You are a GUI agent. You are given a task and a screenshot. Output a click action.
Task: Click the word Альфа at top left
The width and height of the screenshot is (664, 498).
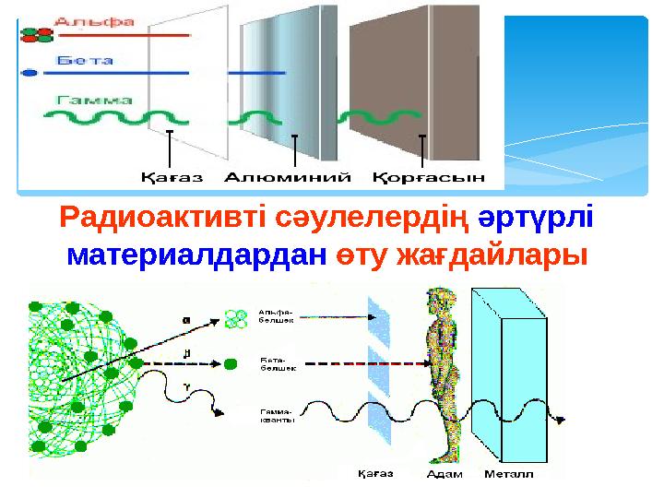[x=96, y=19]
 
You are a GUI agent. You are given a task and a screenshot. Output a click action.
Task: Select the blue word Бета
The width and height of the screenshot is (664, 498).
[x=85, y=60]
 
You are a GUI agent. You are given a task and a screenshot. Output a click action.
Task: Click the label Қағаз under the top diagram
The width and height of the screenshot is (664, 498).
[x=172, y=175]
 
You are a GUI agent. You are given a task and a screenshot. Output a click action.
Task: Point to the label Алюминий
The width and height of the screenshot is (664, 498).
[x=295, y=175]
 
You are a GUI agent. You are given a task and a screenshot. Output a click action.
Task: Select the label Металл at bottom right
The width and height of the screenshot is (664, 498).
[x=509, y=475]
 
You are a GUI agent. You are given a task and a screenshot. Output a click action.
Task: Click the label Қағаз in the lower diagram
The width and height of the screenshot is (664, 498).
[x=375, y=474]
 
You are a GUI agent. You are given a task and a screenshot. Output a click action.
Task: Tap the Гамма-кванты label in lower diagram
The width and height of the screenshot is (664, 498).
[x=277, y=415]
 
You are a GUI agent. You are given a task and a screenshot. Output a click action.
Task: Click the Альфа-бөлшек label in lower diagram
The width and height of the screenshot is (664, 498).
[x=277, y=316]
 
